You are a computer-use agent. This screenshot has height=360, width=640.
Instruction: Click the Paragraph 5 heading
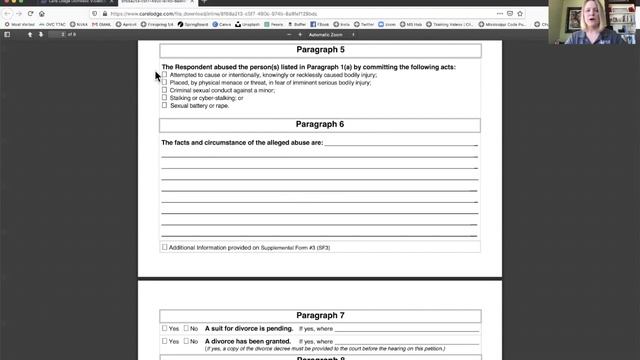pos(320,50)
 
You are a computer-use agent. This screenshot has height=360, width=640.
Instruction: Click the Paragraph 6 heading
pos(320,125)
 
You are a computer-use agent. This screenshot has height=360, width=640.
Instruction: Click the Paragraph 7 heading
pos(320,315)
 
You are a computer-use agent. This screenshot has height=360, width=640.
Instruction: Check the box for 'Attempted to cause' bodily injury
pos(165,75)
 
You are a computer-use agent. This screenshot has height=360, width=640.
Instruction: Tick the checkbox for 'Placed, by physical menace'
pos(165,83)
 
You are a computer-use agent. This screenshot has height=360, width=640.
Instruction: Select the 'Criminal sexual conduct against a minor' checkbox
pos(165,90)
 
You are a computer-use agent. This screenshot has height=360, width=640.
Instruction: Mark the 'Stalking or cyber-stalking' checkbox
pos(165,98)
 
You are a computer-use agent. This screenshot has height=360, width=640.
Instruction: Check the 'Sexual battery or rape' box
pos(165,105)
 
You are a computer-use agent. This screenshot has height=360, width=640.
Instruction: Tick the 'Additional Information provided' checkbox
pos(165,247)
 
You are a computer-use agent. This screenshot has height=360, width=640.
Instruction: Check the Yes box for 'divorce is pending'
pos(165,328)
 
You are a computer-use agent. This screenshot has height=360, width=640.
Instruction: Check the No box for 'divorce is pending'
pos(186,328)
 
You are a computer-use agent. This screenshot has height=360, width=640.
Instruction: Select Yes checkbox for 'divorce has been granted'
pos(165,341)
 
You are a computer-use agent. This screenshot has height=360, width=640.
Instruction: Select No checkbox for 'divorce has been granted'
pos(186,341)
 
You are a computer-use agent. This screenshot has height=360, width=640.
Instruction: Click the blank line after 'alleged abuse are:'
pos(400,144)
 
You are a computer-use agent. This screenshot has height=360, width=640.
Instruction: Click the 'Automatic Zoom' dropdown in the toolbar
pos(330,34)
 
